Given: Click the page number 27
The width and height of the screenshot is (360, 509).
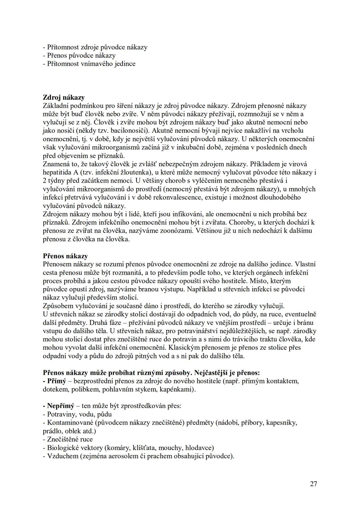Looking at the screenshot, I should click(x=313, y=484).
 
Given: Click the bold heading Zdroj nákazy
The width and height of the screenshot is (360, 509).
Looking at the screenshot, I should click(x=64, y=97).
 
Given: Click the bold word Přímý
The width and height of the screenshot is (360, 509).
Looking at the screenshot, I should click(x=56, y=381).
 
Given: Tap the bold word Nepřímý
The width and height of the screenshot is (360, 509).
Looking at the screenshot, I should click(x=60, y=406).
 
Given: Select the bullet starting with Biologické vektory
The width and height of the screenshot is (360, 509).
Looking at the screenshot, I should click(x=128, y=448).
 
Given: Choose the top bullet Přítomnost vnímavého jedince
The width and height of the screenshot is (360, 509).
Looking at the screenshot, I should click(x=89, y=64).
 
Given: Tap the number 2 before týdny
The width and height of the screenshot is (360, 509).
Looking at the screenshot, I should click(x=45, y=181).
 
